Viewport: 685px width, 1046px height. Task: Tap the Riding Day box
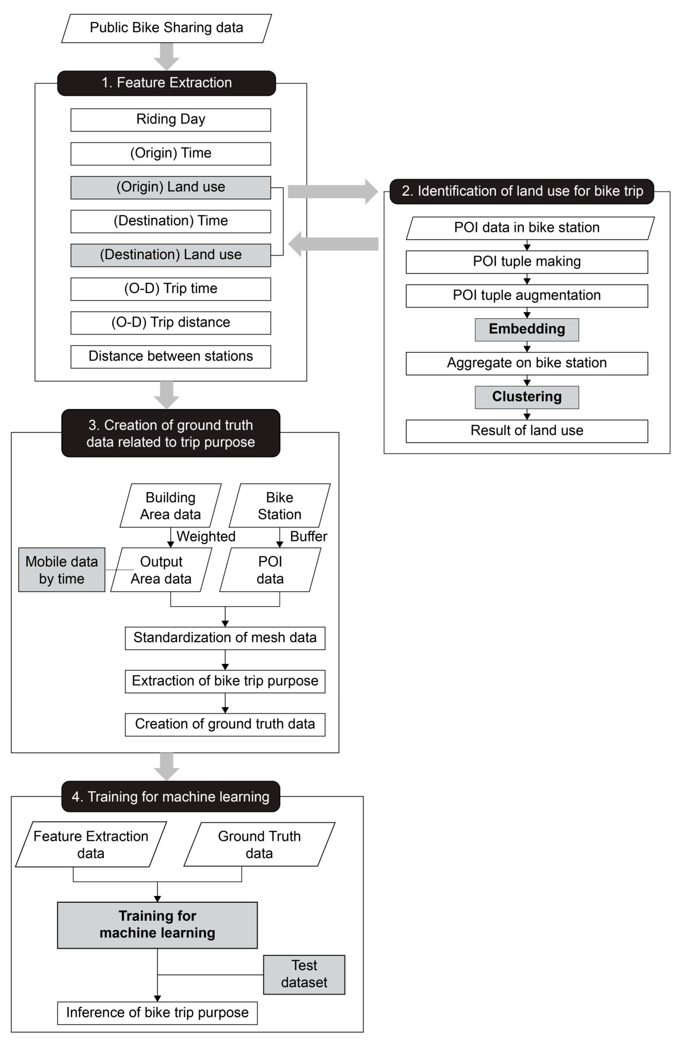(x=171, y=120)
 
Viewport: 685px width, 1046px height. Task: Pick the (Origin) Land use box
(x=171, y=187)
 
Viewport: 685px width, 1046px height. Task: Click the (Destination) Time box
(x=171, y=221)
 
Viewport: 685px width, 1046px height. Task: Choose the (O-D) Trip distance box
(x=171, y=323)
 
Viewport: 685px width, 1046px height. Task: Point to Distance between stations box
(x=171, y=356)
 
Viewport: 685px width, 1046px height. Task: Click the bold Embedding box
(x=527, y=329)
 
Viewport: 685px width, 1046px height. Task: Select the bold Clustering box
(x=527, y=397)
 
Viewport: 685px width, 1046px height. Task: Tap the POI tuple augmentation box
(x=527, y=295)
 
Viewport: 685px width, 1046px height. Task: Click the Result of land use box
(x=527, y=431)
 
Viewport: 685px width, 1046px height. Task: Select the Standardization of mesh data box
(x=225, y=638)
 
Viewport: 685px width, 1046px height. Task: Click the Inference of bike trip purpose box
(x=157, y=1013)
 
